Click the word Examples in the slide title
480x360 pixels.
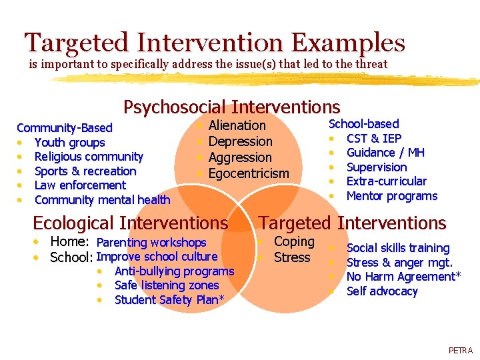349,43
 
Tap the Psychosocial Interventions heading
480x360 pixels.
231,107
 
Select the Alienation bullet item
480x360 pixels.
237,125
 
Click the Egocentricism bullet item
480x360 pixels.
249,174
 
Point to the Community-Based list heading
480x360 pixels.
64,128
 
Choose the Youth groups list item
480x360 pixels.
69,143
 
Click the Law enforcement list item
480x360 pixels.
79,185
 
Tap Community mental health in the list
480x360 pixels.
102,200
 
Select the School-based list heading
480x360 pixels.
364,124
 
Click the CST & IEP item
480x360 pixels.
373,139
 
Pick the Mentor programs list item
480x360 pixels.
391,196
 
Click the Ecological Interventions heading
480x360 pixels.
130,223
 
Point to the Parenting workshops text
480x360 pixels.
151,243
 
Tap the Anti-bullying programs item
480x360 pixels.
174,271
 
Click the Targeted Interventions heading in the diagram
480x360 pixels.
352,223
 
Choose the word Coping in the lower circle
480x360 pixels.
294,242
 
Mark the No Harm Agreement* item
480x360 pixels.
403,277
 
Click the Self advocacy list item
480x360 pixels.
382,291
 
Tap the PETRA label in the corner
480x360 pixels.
460,350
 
